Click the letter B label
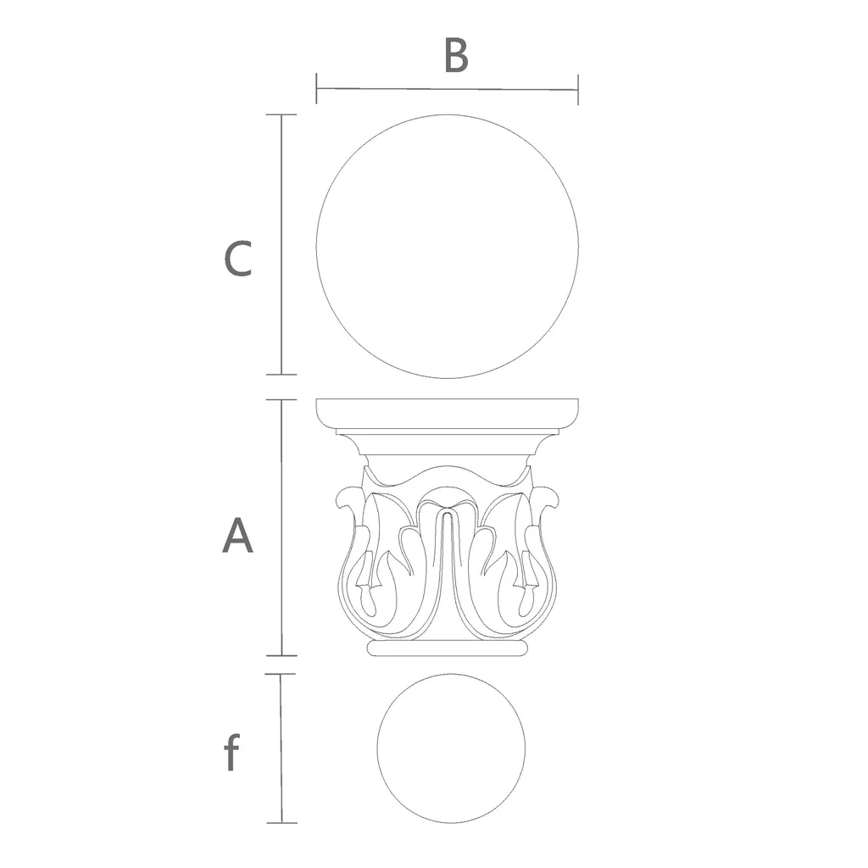click(x=457, y=56)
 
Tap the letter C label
click(x=238, y=259)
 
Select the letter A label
click(x=237, y=536)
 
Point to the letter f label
click(x=232, y=752)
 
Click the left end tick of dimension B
click(x=316, y=88)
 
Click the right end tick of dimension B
click(x=578, y=90)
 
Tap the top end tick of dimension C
click(x=281, y=114)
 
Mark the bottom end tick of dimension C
click(x=281, y=375)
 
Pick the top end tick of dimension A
click(x=281, y=400)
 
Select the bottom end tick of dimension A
click(x=281, y=656)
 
